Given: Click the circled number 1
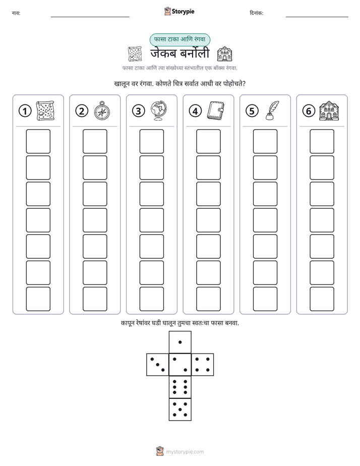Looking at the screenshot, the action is tap(25, 111).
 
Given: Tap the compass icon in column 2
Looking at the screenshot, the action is tap(102, 111).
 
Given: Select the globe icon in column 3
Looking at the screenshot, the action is tap(159, 110).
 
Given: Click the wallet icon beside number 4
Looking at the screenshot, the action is tap(215, 111).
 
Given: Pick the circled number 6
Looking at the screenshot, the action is tap(309, 111).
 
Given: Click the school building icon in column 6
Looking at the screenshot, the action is tap(329, 111).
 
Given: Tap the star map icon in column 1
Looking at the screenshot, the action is tap(45, 111).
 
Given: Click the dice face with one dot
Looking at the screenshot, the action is tap(180, 342).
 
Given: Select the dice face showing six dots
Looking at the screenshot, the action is tap(180, 387).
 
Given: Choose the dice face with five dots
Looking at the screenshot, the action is tap(180, 410).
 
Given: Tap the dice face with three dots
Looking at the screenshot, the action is tap(157, 365).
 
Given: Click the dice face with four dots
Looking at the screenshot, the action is tap(203, 365).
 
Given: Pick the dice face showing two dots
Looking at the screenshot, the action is tap(180, 365).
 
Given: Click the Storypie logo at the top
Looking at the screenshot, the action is tap(179, 12).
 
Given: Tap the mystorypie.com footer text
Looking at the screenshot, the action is tap(185, 452).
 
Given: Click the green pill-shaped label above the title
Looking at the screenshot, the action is tap(179, 39).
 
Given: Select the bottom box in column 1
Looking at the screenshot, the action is tap(38, 299).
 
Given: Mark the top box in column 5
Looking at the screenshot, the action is tap(265, 141).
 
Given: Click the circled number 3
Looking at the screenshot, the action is tap(139, 111).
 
